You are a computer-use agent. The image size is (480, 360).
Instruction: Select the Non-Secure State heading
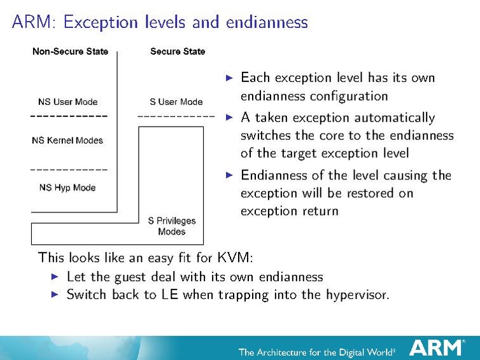[x=70, y=52]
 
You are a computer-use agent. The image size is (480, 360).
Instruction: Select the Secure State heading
[x=178, y=52]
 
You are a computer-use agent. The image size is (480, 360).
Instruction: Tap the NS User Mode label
[x=68, y=102]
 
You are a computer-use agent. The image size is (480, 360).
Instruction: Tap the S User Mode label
[x=176, y=102]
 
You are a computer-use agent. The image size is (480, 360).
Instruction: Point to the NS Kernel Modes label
[x=67, y=141]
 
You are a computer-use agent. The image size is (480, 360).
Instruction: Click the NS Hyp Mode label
[x=67, y=188]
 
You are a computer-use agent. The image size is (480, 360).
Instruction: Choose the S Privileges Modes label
[x=171, y=226]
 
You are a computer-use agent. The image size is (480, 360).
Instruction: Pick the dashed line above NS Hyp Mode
[x=69, y=170]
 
